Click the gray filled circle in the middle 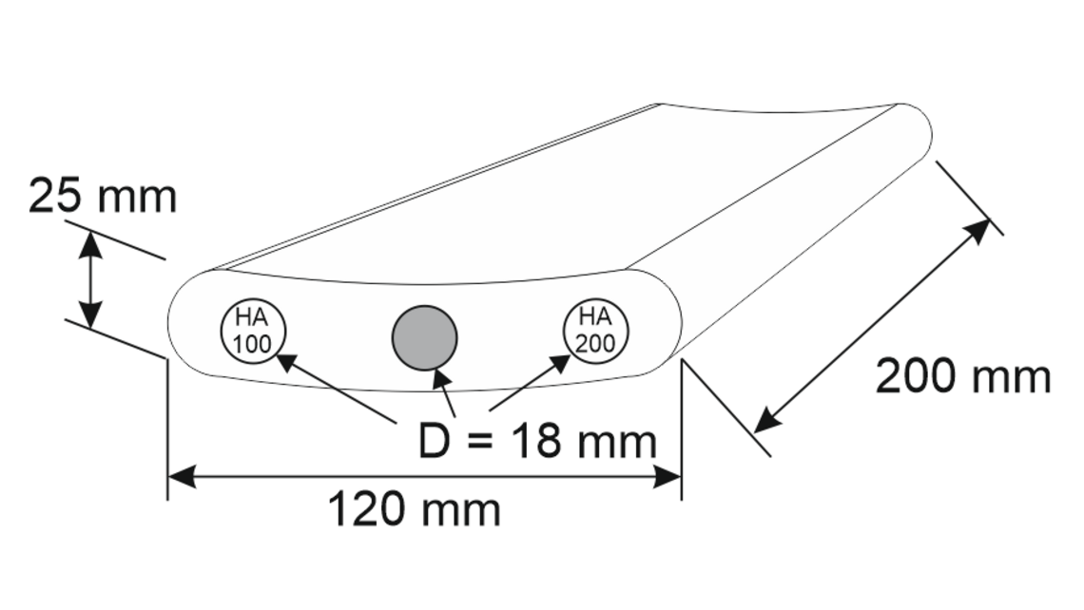point(425,337)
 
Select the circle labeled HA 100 point(253,331)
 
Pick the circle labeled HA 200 point(595,330)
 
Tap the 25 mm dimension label point(103,197)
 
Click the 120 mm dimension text point(415,510)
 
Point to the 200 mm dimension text point(962,377)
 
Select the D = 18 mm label point(537,441)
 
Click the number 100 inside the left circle point(253,344)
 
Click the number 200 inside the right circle point(595,343)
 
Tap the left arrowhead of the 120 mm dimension point(182,477)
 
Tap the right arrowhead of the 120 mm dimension point(668,477)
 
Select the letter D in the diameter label point(434,441)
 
